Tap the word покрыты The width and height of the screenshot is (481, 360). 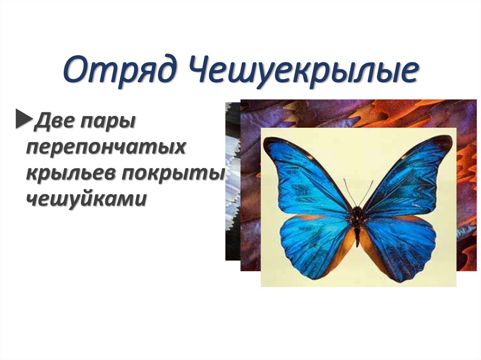point(172,173)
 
